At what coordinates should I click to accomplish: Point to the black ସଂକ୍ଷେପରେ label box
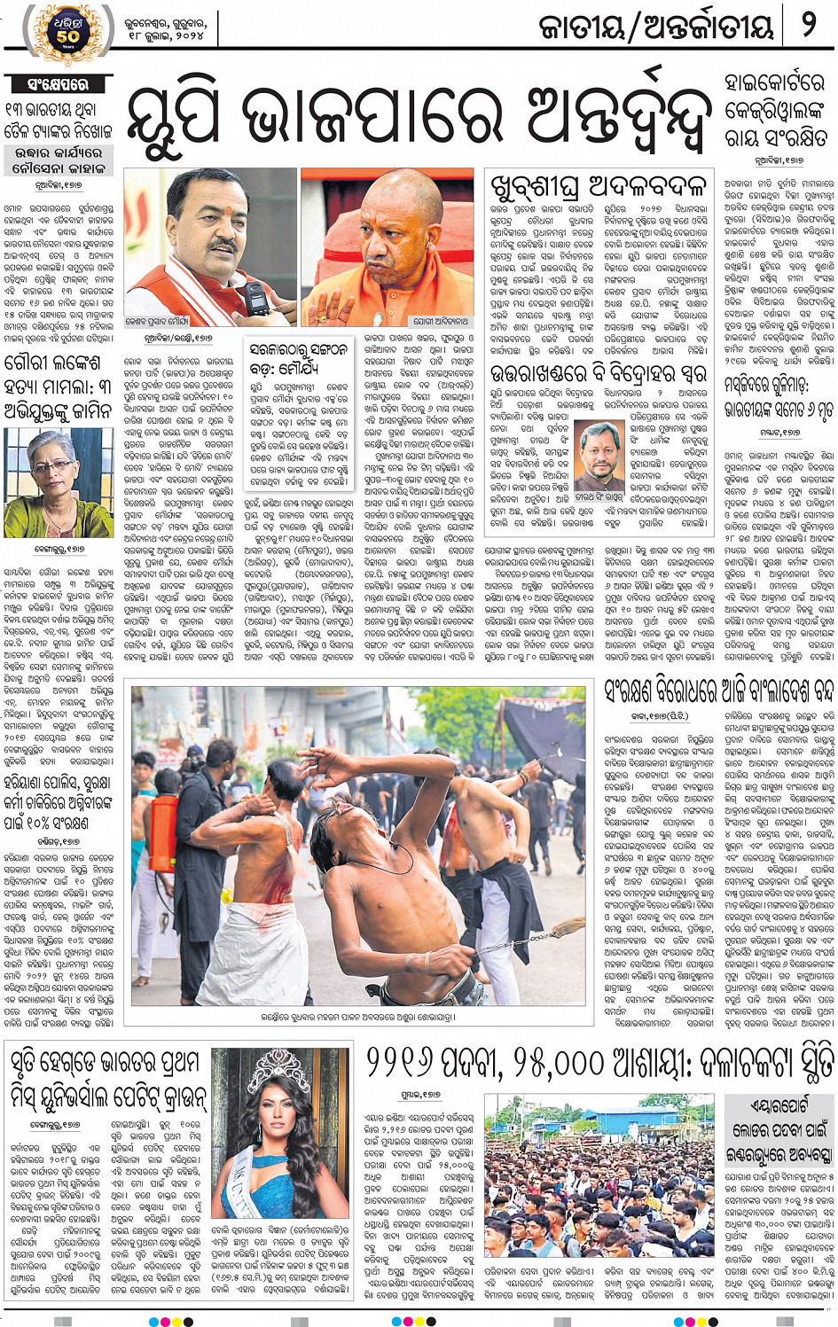59,85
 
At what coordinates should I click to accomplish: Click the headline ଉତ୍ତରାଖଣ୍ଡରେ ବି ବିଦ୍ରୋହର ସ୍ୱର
599,371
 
